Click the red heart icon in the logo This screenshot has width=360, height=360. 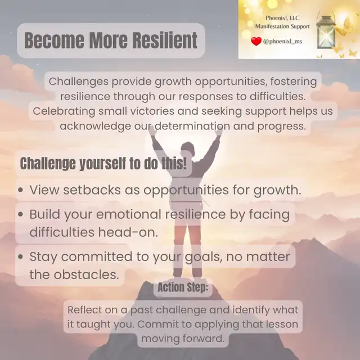point(256,41)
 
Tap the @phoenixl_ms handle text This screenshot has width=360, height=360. point(282,42)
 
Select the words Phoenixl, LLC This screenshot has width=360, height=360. point(282,18)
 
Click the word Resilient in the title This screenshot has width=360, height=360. point(165,40)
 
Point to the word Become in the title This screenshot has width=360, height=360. point(55,40)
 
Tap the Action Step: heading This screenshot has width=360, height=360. point(183,287)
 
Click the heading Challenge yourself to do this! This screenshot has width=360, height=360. point(103,164)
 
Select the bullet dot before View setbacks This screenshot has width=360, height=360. point(21,190)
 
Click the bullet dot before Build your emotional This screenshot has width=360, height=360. point(21,214)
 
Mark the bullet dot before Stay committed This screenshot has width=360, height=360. point(21,256)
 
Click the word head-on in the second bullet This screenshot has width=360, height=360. point(128,232)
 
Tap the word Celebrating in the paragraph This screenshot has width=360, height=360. point(64,111)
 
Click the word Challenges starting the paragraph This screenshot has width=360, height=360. point(78,82)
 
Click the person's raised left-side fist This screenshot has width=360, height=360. point(152,130)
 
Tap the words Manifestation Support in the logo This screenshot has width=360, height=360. point(282,26)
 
